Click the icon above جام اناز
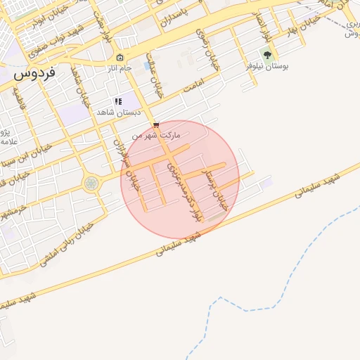point(120,57)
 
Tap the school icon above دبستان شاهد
point(119,101)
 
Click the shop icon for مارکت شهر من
point(155,124)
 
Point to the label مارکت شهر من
point(160,134)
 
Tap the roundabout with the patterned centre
point(91,184)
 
